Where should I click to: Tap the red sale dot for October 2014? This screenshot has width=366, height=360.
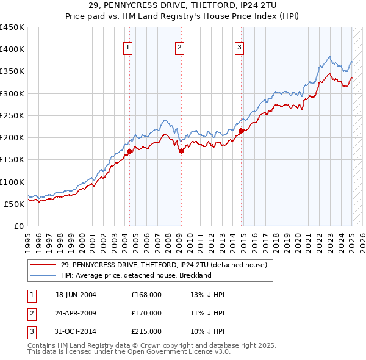[242, 131]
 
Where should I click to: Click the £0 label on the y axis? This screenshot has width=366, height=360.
[19, 226]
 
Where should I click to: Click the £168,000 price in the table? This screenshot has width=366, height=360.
[146, 295]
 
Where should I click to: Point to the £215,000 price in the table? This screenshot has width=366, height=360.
[146, 331]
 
